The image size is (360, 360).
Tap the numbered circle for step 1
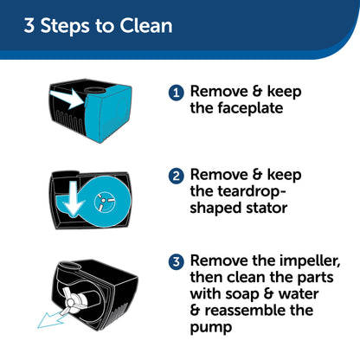point(176,92)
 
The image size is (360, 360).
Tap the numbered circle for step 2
point(176,176)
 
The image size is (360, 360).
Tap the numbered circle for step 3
point(176,260)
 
